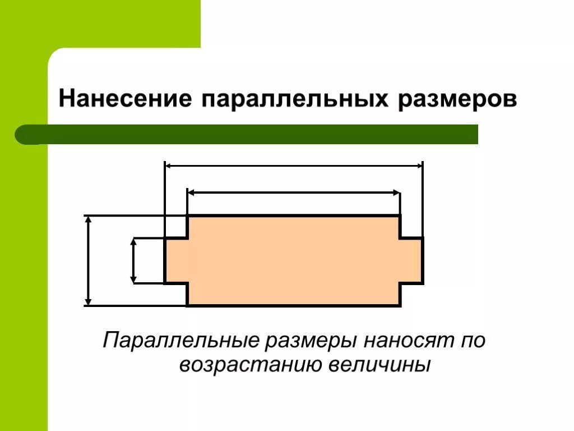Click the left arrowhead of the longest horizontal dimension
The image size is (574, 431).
[x=168, y=166]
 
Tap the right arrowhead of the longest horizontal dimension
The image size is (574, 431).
[x=419, y=166]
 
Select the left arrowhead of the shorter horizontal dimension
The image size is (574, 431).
[x=191, y=192]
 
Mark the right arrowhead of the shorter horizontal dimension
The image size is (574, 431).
[x=396, y=192]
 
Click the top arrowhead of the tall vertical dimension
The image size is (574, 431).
[x=87, y=219]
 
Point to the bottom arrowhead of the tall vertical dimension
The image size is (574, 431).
[x=87, y=302]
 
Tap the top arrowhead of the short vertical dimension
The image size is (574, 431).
[x=133, y=242]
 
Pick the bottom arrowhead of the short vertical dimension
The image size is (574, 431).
[x=133, y=279]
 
